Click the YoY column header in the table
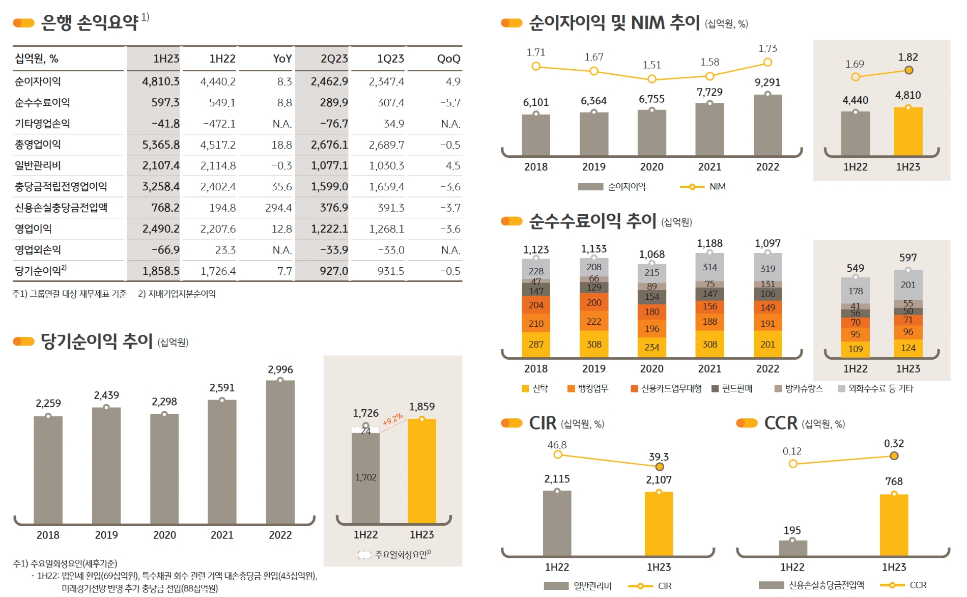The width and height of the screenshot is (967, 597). click(x=282, y=59)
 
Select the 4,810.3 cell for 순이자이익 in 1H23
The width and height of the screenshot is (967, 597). click(x=160, y=81)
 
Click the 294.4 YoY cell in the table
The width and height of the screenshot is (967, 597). click(x=278, y=208)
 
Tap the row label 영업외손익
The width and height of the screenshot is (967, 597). click(x=38, y=250)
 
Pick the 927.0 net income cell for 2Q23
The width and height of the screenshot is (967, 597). click(x=333, y=271)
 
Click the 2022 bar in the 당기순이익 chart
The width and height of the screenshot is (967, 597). click(x=280, y=453)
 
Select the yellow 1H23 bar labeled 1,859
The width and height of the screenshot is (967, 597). click(x=422, y=471)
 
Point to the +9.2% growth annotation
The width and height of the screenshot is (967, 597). click(x=393, y=419)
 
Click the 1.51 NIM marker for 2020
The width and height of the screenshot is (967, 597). click(x=651, y=79)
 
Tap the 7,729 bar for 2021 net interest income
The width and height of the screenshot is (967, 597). click(x=709, y=130)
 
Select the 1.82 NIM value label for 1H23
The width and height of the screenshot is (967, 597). click(x=908, y=58)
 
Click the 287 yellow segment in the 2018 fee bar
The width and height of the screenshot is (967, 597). click(x=536, y=345)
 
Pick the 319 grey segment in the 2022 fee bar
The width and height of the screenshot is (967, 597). click(x=767, y=268)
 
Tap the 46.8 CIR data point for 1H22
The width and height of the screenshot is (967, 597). click(x=558, y=454)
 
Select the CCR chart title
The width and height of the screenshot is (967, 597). click(x=780, y=423)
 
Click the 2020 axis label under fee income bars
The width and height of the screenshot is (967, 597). click(x=651, y=368)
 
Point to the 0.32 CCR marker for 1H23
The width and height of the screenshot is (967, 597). click(x=894, y=456)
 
